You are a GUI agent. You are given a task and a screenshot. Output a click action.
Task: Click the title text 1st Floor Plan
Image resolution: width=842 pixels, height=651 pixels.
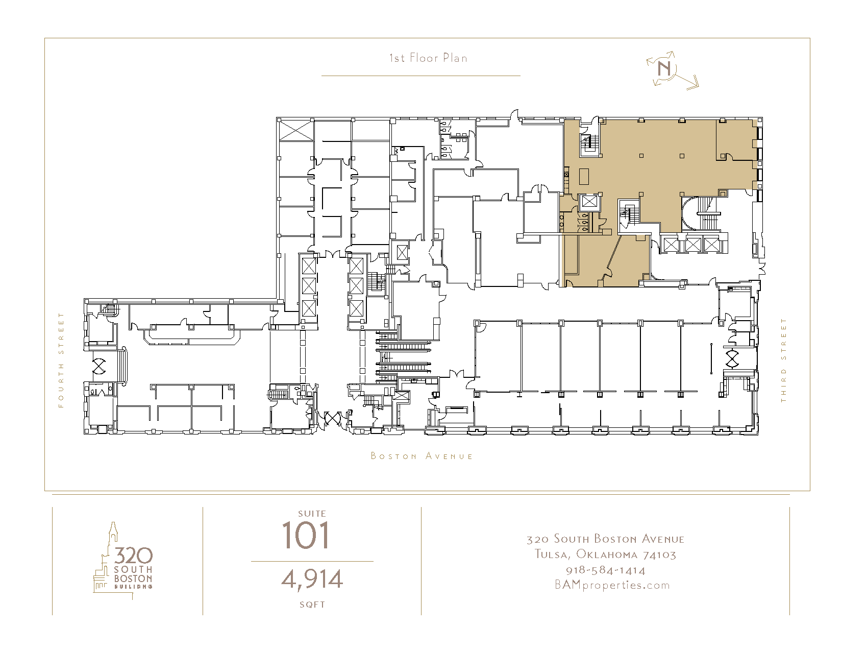(x=428, y=58)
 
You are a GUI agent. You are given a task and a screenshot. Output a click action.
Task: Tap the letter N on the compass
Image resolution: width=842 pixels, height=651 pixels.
(x=664, y=69)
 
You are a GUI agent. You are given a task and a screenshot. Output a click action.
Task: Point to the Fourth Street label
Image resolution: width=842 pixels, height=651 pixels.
(x=61, y=360)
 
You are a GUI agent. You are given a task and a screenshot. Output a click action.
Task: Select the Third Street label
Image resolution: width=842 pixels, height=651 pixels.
(x=783, y=360)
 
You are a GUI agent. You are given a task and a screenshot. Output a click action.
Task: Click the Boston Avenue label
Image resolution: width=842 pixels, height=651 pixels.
(x=422, y=456)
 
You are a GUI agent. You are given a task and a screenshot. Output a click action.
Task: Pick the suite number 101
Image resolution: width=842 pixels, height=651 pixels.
(x=306, y=535)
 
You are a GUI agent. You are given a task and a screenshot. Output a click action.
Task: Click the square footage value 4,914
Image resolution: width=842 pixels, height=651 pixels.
(x=312, y=580)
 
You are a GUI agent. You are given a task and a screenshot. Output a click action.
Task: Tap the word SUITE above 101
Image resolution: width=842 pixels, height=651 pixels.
(x=312, y=514)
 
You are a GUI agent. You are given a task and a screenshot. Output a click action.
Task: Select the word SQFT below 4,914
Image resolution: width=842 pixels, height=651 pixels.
(x=312, y=605)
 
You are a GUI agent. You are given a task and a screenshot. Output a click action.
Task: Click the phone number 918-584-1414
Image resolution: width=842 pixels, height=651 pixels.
(x=606, y=570)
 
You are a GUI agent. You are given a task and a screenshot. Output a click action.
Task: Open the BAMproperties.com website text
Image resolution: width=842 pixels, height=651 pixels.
(x=612, y=585)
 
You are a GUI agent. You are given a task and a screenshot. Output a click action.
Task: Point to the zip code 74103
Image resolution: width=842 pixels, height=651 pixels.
(x=659, y=555)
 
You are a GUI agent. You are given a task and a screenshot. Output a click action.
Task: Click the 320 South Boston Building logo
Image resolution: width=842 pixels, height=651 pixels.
(x=123, y=561)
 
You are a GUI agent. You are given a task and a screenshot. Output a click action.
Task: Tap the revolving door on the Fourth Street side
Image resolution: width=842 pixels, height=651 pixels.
(x=99, y=366)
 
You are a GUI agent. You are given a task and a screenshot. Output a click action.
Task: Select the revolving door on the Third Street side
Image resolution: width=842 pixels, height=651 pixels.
(x=732, y=358)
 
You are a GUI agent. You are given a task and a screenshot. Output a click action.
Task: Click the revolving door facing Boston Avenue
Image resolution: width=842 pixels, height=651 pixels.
(x=332, y=418)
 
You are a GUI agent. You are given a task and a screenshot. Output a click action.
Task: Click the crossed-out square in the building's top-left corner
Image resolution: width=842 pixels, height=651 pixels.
(x=296, y=130)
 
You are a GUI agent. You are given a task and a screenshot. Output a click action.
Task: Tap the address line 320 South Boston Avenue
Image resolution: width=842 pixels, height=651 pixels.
(x=605, y=539)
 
